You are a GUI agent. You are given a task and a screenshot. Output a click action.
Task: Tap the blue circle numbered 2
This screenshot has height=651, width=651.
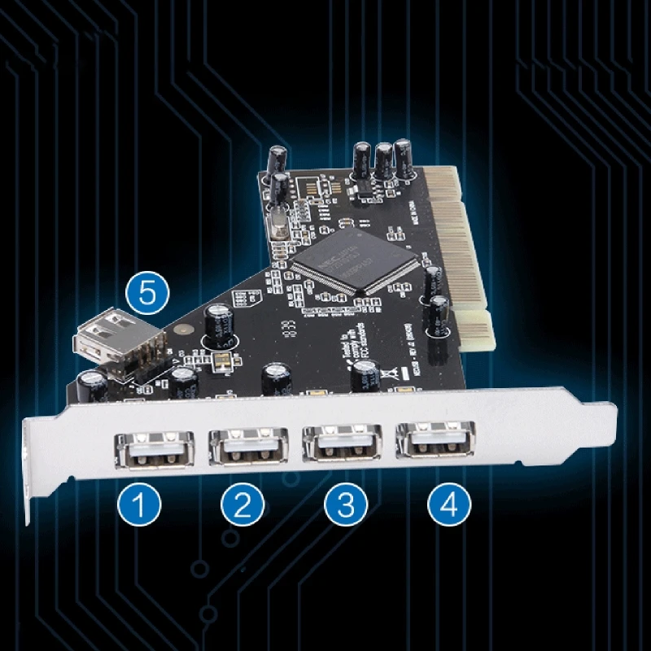pos(242,505)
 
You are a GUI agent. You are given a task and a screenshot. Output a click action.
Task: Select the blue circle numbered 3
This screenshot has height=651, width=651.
pos(345,505)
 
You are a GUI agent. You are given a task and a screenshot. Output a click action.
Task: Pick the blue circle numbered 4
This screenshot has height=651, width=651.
pos(449,505)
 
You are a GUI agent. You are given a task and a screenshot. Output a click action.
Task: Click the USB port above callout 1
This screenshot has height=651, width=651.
pos(154,448)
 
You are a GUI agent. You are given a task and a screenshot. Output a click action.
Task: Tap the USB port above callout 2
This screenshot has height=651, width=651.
pos(249,446)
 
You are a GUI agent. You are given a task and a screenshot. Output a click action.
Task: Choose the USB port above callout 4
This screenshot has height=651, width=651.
pos(435,440)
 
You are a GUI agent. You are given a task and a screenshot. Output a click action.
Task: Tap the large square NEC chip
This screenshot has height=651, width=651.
pos(356,259)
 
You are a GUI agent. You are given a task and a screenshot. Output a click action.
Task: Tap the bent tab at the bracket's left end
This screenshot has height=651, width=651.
pos(30,480)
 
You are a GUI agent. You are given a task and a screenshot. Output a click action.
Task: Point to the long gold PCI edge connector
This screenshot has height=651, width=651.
pos(452,236)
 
